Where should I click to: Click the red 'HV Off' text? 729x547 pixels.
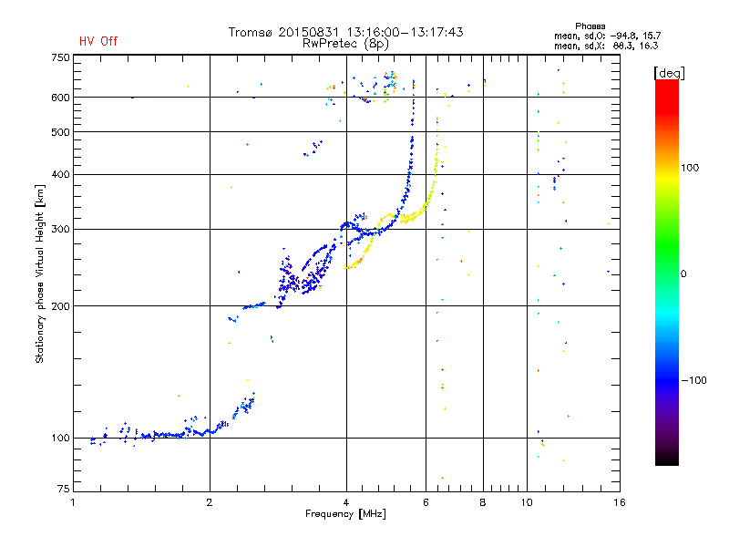coord(98,41)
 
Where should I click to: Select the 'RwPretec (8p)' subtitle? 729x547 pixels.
coord(345,43)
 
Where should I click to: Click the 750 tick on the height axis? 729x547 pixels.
coord(60,57)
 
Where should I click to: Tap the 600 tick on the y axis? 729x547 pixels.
coord(60,98)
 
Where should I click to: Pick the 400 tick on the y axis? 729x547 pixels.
coord(60,174)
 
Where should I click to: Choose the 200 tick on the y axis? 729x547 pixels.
coord(60,306)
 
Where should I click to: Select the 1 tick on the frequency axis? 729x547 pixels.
coord(74,502)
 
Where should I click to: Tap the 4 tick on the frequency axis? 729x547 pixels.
coord(346,502)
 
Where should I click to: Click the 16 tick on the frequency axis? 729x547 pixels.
coord(617,502)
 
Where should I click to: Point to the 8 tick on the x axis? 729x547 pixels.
coord(483,502)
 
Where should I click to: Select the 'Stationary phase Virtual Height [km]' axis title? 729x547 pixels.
coord(40,273)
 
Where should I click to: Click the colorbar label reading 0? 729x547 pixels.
coord(685,273)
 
